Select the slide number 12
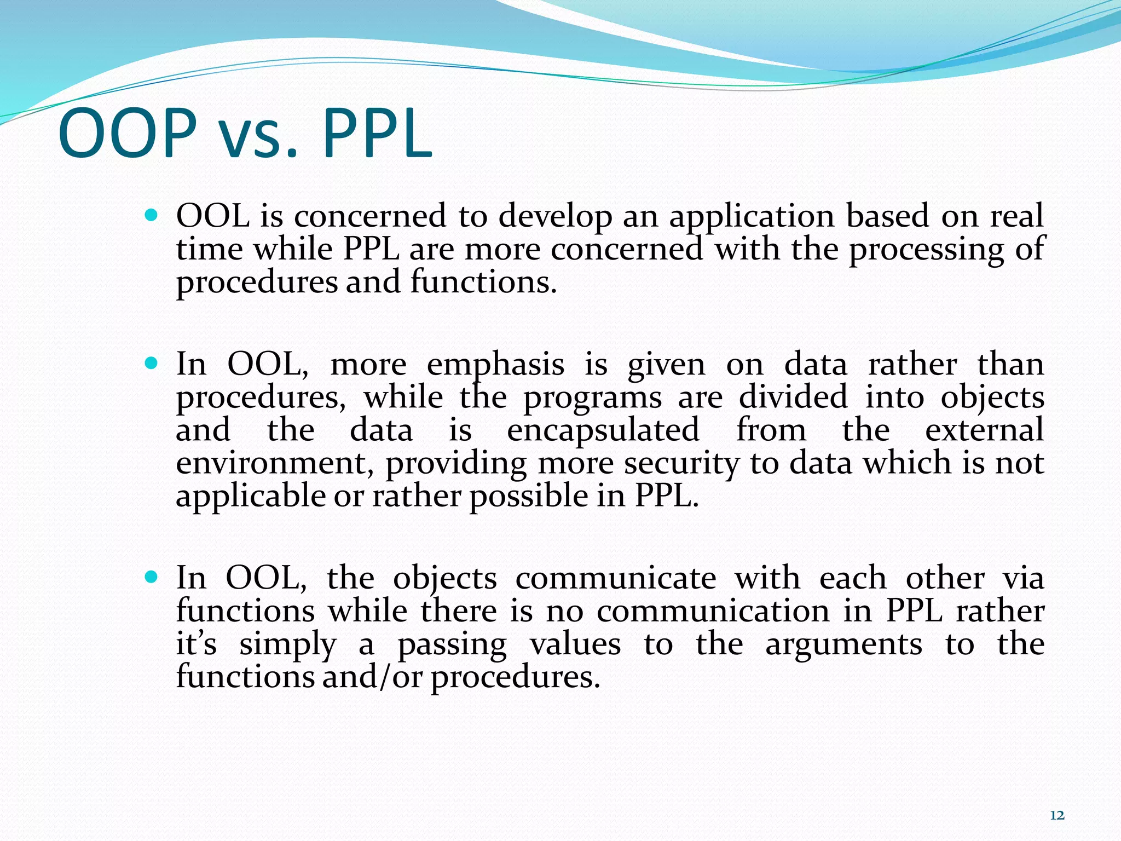coord(1057,815)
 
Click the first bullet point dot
coord(152,215)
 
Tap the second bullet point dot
coord(152,363)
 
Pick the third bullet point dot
coord(152,577)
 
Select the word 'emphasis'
coord(495,366)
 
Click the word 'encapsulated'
coord(603,430)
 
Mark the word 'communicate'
coord(615,579)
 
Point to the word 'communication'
coord(713,612)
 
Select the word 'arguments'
coord(843,645)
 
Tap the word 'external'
coord(984,430)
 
